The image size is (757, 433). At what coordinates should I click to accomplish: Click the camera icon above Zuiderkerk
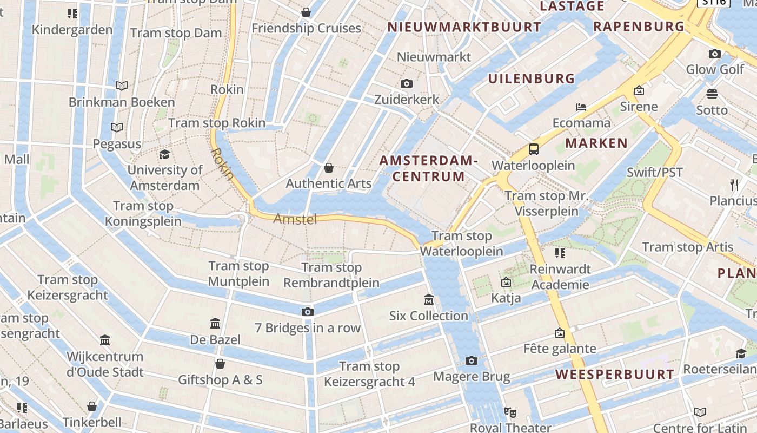click(x=407, y=83)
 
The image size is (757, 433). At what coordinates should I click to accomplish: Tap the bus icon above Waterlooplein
click(x=534, y=149)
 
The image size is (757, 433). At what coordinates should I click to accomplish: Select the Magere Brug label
click(x=472, y=377)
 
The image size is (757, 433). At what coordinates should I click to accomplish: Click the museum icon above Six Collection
click(x=429, y=299)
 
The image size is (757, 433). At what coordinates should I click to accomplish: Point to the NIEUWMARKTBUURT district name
click(x=464, y=27)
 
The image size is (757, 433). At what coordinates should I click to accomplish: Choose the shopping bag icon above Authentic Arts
click(x=328, y=168)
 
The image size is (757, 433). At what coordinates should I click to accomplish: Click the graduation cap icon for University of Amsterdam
click(x=164, y=154)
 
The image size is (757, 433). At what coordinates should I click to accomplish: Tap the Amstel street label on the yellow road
click(x=295, y=219)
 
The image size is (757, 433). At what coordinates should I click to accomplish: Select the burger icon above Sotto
click(x=712, y=94)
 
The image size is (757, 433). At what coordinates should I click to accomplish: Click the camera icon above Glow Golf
click(x=715, y=54)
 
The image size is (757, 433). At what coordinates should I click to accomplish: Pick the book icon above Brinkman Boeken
click(x=122, y=86)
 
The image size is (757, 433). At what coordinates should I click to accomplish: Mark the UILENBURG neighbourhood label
click(x=532, y=78)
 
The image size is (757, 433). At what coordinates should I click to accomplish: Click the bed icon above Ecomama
click(x=581, y=107)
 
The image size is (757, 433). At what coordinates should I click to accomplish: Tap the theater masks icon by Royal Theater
click(x=510, y=412)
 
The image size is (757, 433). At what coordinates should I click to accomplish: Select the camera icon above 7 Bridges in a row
click(x=307, y=312)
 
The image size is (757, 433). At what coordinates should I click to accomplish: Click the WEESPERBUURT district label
click(x=615, y=375)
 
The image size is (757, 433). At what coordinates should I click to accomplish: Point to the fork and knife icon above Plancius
click(x=734, y=185)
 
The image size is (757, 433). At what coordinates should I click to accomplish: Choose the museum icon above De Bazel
click(x=215, y=324)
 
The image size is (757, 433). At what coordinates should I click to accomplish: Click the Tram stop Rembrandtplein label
click(x=331, y=275)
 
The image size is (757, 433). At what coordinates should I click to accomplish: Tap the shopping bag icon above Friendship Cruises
click(x=306, y=12)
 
